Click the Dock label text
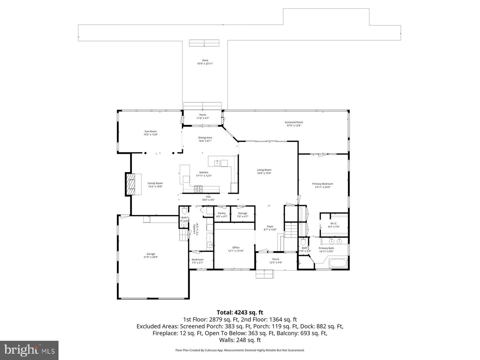205,60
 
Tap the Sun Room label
150,131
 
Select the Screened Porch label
294,122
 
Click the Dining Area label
205,138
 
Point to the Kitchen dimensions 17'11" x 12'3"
204,176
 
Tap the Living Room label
264,170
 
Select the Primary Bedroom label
322,184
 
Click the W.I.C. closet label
334,223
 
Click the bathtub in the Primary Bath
338,263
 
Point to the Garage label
151,254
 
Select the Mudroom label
197,260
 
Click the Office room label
236,248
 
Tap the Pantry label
222,213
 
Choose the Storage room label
242,213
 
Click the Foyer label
270,226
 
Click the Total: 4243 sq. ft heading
240,312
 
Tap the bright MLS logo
29,350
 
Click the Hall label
208,197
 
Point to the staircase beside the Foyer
290,230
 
